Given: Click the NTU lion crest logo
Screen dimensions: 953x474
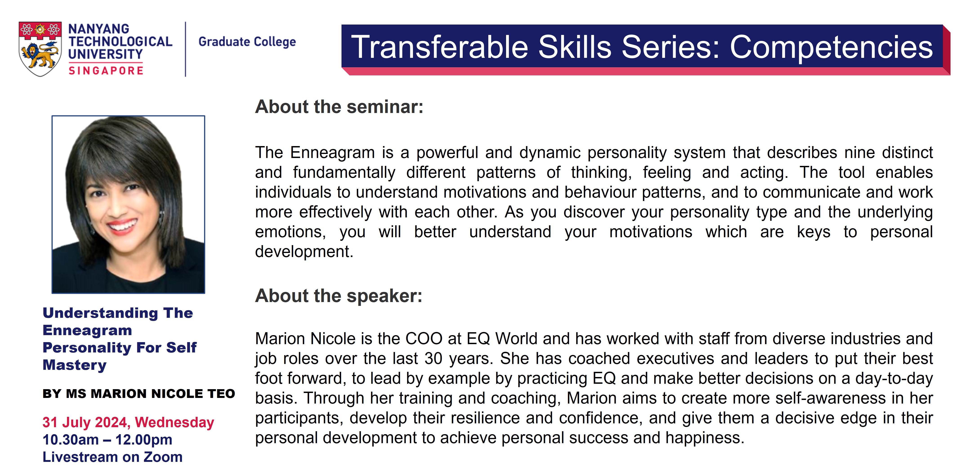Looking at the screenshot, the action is (40, 49).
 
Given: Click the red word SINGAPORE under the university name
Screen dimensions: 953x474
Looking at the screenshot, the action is (106, 70).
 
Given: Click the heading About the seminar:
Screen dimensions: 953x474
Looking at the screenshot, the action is (339, 107).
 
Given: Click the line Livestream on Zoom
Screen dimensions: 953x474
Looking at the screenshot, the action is (112, 457).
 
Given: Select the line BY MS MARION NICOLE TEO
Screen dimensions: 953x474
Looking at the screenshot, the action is (139, 394).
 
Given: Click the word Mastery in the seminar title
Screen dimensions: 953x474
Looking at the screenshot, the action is (75, 365).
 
